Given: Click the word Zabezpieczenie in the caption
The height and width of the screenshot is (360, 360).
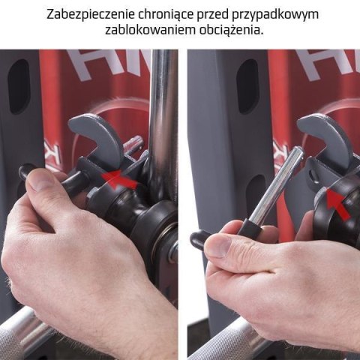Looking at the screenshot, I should click(x=88, y=14).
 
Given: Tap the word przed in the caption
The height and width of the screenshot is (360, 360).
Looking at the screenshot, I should click(x=214, y=14).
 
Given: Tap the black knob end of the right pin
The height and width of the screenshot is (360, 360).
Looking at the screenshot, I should click(x=199, y=238).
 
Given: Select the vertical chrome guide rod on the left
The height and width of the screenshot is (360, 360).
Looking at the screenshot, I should click(x=162, y=112).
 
